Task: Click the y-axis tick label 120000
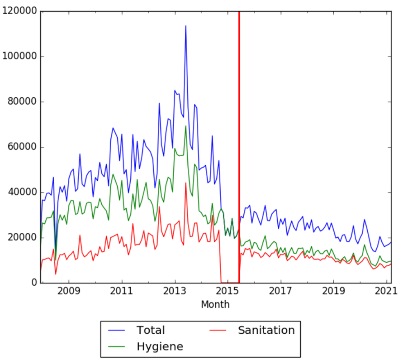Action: (x=19, y=11)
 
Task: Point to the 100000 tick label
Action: (x=19, y=57)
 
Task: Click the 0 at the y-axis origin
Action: (x=33, y=283)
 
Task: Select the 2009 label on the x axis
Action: (x=69, y=291)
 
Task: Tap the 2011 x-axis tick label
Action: (x=122, y=291)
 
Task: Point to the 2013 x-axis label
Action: (x=175, y=291)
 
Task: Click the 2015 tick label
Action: (x=228, y=291)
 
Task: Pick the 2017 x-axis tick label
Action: (x=281, y=291)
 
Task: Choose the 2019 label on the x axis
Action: (x=334, y=291)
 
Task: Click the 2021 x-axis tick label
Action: (x=387, y=291)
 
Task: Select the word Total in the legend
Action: (x=150, y=330)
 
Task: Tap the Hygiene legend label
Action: (x=160, y=347)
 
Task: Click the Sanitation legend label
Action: (x=266, y=330)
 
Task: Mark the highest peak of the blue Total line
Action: (x=185, y=26)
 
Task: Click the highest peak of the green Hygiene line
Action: (x=185, y=126)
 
